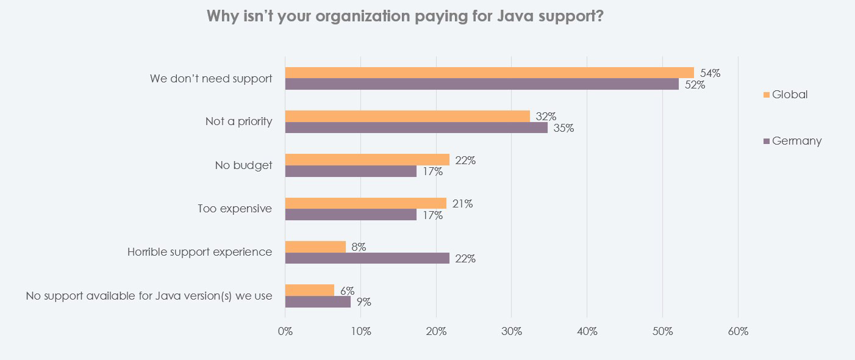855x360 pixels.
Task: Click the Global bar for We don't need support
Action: pos(489,73)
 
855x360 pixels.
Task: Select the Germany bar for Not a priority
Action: pos(416,128)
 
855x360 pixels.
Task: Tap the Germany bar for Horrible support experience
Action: pos(367,258)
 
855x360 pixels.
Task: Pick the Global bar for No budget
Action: pos(367,160)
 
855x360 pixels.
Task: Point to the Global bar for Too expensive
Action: pos(366,203)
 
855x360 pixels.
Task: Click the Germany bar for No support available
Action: pos(318,301)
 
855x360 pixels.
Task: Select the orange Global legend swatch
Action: pos(767,95)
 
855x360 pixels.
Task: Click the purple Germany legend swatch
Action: pos(767,142)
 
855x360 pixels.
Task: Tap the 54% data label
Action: pos(710,73)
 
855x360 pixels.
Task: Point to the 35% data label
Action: pos(563,129)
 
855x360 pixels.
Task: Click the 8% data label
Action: pos(359,247)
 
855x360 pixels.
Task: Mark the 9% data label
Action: pos(363,302)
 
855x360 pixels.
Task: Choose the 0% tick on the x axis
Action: pos(285,332)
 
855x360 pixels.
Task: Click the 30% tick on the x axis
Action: pos(511,332)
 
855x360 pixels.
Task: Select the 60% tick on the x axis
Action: pos(738,332)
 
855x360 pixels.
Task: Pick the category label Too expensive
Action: pos(235,209)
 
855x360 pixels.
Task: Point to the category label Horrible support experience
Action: pos(199,252)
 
